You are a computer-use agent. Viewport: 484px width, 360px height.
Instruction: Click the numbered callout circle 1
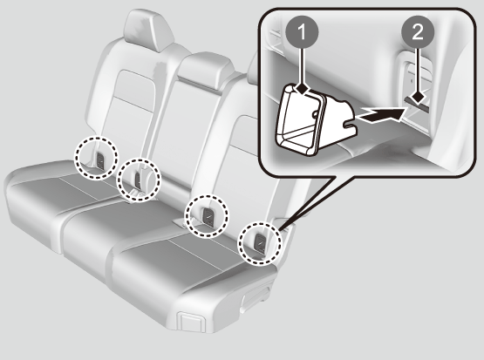pos(302,32)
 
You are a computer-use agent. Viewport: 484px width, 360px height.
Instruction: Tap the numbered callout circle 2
pos(418,32)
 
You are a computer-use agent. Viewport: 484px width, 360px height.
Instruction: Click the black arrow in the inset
pos(380,116)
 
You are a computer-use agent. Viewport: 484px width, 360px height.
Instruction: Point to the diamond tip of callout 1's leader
pos(303,90)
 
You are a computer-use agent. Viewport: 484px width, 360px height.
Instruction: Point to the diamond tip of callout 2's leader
pos(419,98)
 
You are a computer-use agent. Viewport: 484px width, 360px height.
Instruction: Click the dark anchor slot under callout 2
pos(417,104)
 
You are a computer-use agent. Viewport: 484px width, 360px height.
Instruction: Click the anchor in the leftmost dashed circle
pos(100,160)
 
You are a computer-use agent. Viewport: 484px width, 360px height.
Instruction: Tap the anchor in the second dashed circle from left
pos(138,180)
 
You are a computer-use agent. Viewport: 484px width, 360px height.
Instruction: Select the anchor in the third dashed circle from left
pos(208,215)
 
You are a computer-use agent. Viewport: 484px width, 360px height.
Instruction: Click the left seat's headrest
pos(147,31)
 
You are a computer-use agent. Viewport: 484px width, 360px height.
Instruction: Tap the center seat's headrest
pos(205,71)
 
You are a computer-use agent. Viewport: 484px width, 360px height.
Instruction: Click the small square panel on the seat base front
pos(191,321)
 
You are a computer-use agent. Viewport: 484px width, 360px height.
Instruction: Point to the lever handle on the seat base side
pos(256,299)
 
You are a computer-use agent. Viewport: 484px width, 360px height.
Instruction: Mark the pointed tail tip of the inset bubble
pos(280,230)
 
